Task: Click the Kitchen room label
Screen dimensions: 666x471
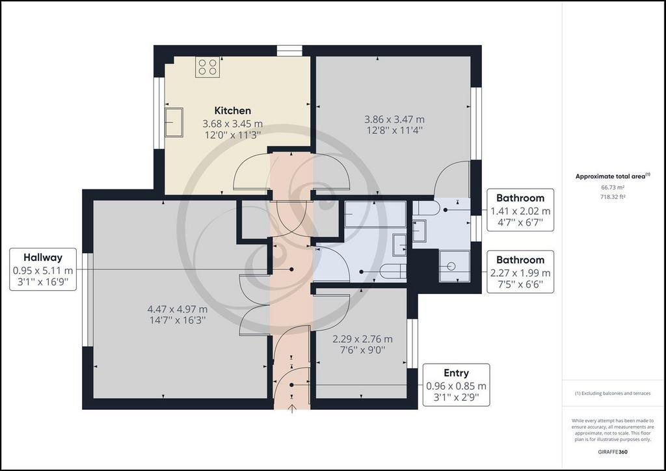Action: pyautogui.click(x=232, y=111)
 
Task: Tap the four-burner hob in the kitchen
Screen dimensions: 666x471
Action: pyautogui.click(x=207, y=67)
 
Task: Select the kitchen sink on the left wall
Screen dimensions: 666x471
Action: pyautogui.click(x=174, y=122)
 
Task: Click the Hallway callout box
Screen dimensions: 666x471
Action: pyautogui.click(x=43, y=269)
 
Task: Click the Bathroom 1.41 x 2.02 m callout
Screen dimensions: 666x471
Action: pyautogui.click(x=520, y=210)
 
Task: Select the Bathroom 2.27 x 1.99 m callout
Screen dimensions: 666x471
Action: pyautogui.click(x=520, y=272)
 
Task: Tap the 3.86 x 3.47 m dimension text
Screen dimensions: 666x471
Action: pyautogui.click(x=394, y=119)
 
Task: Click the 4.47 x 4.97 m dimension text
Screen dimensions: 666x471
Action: pyautogui.click(x=177, y=309)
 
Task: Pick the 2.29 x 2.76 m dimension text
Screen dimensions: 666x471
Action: pyautogui.click(x=362, y=339)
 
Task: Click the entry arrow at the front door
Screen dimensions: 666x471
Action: pyautogui.click(x=292, y=409)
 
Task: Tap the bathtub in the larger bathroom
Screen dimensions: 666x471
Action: pyautogui.click(x=375, y=215)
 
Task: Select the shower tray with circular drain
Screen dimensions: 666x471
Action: pyautogui.click(x=455, y=266)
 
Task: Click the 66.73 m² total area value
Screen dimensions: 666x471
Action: pyautogui.click(x=613, y=187)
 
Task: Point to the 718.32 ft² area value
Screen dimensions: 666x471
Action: pyautogui.click(x=613, y=196)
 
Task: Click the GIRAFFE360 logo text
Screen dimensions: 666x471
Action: pyautogui.click(x=613, y=452)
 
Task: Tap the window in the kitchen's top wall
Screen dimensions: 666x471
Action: pyautogui.click(x=289, y=51)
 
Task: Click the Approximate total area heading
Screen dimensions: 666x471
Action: pyautogui.click(x=613, y=176)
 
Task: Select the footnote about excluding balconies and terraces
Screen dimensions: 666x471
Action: pyautogui.click(x=613, y=394)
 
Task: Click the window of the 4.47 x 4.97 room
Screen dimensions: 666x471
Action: pyautogui.click(x=88, y=299)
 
